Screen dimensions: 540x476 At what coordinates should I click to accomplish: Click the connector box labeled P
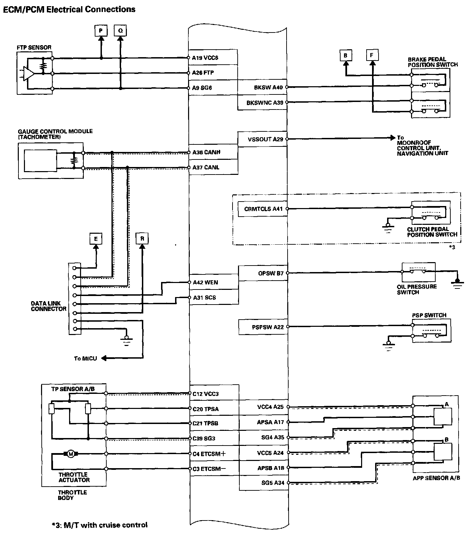pos(101,31)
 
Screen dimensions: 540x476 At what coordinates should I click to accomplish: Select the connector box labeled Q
pos(120,31)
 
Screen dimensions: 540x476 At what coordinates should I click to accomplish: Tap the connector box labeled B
pos(346,55)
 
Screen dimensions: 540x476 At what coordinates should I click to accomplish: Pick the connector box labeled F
pos(372,55)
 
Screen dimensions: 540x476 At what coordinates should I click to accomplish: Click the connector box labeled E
pos(96,239)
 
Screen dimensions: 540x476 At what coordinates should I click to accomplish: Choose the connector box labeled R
pos(142,239)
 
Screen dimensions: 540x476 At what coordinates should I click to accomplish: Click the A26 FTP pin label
pos(203,73)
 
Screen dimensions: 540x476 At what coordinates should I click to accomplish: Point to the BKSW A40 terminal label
pos(268,88)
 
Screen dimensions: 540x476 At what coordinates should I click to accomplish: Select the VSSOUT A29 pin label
pos(265,139)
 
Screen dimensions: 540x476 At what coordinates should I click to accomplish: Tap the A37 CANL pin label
pos(206,167)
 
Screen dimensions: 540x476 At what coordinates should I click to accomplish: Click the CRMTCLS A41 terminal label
pos(263,209)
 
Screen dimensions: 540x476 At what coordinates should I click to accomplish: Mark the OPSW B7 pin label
pos(271,273)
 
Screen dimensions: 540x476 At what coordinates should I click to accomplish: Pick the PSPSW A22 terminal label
pos(268,327)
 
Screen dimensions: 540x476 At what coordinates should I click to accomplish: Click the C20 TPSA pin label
pos(206,409)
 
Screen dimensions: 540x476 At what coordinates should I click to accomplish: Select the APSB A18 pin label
pos(270,468)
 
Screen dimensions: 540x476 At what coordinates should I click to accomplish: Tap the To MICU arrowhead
pos(104,358)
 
